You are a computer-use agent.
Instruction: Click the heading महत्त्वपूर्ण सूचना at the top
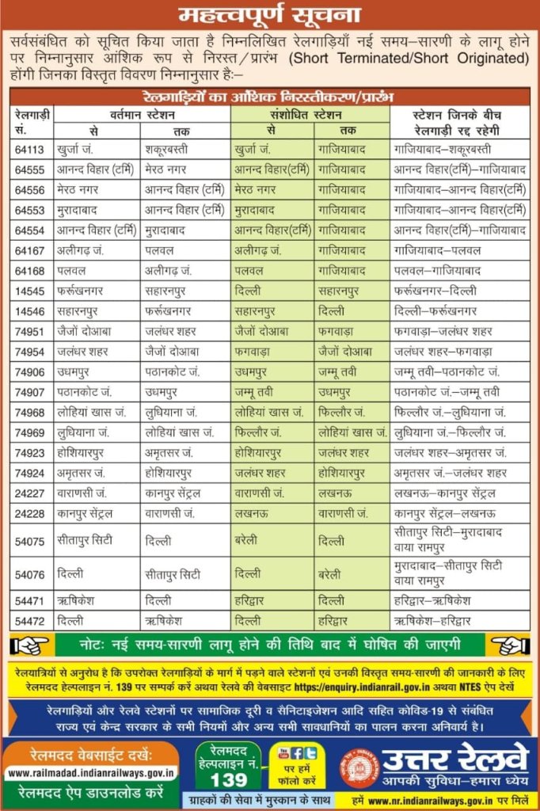click(269, 14)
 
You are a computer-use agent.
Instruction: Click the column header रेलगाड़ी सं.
click(32, 121)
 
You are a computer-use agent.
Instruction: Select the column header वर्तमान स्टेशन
click(143, 114)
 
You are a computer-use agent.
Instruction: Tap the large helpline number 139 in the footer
click(229, 779)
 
